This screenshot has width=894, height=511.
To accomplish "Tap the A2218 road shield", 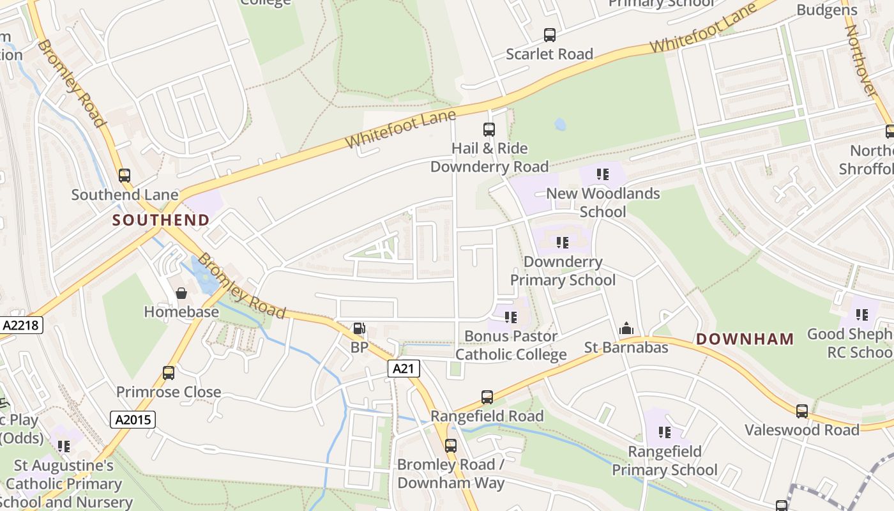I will click(x=21, y=325).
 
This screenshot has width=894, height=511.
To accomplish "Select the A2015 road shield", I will click(x=133, y=420).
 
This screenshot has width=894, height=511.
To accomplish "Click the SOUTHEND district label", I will click(x=161, y=220).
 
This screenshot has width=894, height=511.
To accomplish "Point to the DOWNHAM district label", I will click(x=745, y=339).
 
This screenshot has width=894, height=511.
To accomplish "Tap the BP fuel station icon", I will click(x=360, y=329).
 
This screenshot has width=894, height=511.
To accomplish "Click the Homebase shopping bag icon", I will click(x=181, y=293).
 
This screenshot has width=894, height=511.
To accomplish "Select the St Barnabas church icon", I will click(x=626, y=329).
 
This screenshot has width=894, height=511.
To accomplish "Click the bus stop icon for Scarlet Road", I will click(x=549, y=35).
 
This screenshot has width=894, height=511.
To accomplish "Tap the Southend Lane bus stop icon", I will click(x=125, y=176).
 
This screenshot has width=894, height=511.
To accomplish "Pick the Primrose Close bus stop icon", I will click(x=169, y=373).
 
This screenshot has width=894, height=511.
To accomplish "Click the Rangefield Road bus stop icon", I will click(x=487, y=397).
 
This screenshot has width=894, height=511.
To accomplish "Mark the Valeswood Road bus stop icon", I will click(x=802, y=411).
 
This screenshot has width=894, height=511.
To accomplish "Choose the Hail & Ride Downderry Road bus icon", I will click(x=489, y=130).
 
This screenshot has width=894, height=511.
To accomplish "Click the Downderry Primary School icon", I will click(x=563, y=243).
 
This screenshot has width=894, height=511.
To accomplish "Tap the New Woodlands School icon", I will click(x=602, y=174).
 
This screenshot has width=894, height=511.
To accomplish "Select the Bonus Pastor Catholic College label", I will click(x=511, y=345).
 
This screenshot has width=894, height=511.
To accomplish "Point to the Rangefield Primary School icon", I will click(x=665, y=432).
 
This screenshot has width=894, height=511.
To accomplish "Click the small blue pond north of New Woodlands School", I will click(x=560, y=124).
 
